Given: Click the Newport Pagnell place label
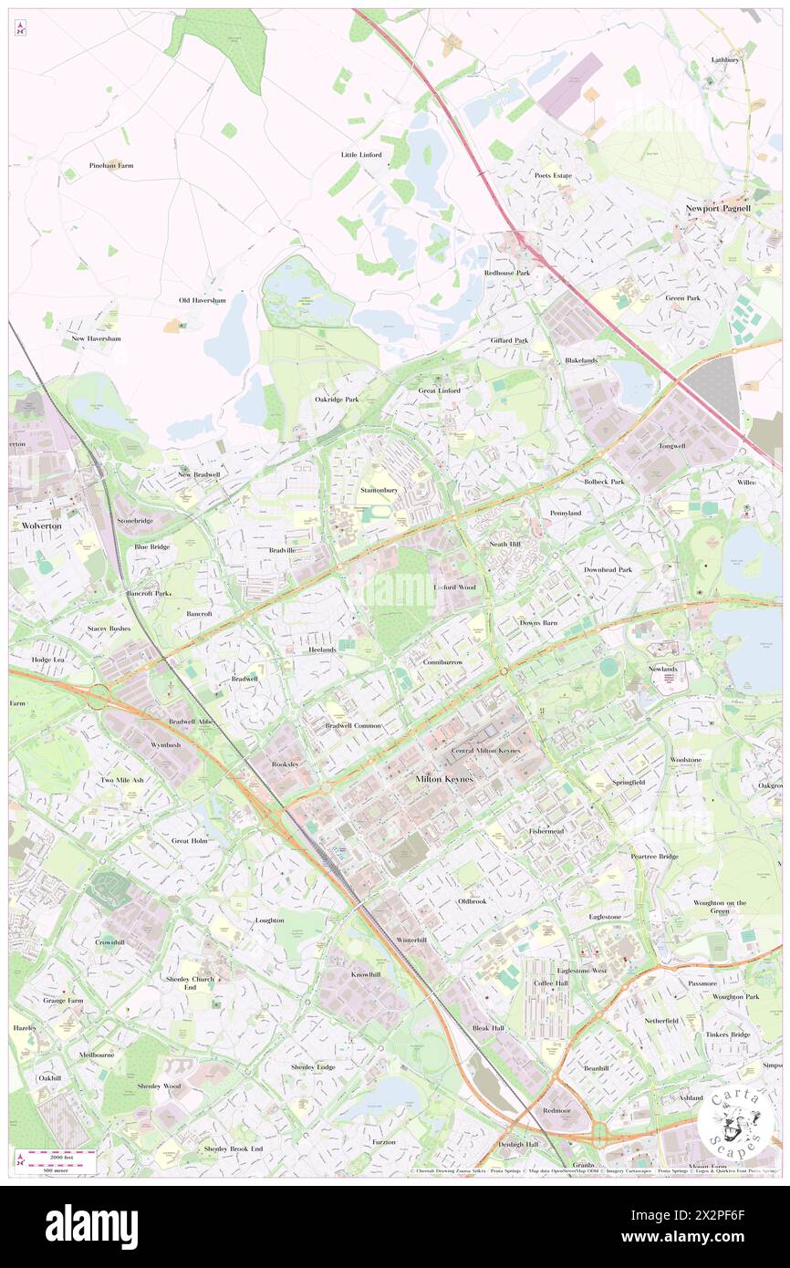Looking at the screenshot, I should coord(718,209).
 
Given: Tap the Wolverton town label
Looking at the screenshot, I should coord(36,526).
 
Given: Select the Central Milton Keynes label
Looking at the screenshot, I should coord(485,751).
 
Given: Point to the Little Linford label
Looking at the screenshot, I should coord(361,154).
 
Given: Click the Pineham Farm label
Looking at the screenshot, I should coord(111,166).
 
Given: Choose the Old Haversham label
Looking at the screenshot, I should coord(201,300).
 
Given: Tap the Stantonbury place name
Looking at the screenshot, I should coord(379,490).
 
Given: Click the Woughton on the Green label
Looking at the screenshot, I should coord(720,906).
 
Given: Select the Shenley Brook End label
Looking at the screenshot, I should coord(233,1148).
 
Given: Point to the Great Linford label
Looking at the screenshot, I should coord(439,390).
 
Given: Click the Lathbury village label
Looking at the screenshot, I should coord(725,60).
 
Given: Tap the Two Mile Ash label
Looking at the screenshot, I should coord(121,780).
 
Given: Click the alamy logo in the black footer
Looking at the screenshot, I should coord(91,1226).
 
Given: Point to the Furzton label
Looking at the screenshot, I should coord(384,1142).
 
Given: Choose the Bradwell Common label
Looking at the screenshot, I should coord(353,725).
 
